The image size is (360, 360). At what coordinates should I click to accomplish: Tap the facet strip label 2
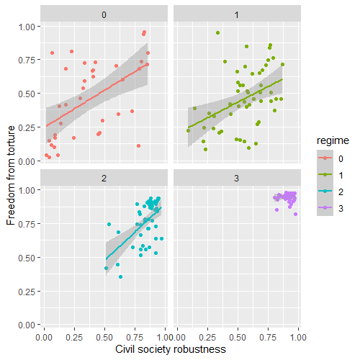pyautogui.click(x=104, y=177)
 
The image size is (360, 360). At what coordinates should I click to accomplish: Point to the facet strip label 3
pyautogui.click(x=237, y=177)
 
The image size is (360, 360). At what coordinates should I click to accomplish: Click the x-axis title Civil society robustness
pyautogui.click(x=171, y=349)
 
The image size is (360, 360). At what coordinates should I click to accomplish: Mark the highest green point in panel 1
pyautogui.click(x=217, y=32)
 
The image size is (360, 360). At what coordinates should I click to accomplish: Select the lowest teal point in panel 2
pyautogui.click(x=120, y=276)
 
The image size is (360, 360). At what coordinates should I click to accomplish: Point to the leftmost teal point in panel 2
pyautogui.click(x=106, y=268)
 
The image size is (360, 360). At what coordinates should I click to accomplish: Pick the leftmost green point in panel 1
pyautogui.click(x=189, y=130)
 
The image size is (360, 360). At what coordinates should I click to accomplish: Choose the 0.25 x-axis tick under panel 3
pyautogui.click(x=207, y=336)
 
